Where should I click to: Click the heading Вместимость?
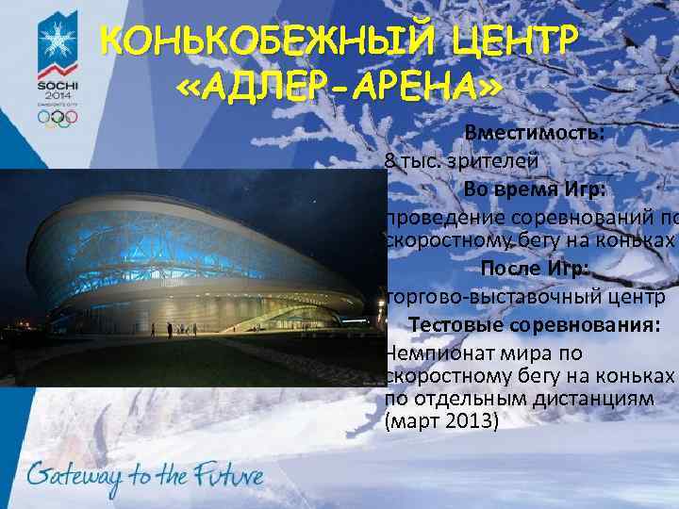[x=535, y=133]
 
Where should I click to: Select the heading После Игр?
[x=535, y=270]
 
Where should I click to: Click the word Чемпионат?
[x=435, y=353]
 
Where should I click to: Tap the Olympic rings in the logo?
[x=58, y=119]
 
